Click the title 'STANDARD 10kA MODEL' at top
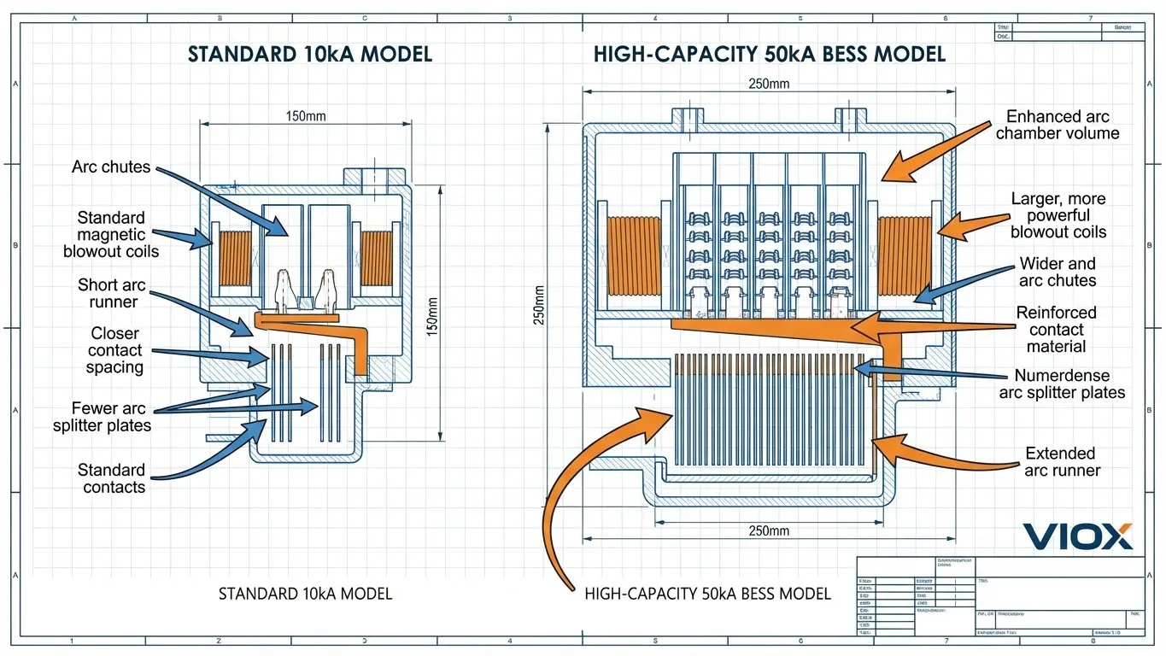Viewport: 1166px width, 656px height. point(310,55)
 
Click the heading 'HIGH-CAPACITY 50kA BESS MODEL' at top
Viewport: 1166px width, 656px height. point(769,55)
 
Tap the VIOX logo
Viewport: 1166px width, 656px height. point(1077,536)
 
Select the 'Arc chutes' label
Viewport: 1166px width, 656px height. point(111,167)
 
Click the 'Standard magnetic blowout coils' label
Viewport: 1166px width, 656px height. point(111,234)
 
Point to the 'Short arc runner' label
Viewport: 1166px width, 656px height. point(111,293)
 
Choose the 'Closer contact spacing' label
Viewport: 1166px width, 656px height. point(114,350)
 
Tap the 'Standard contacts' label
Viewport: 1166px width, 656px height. point(112,478)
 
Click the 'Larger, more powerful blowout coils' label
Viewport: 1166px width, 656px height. point(1058,215)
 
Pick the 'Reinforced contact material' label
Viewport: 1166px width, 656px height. point(1056,330)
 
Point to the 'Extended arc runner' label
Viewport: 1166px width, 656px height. point(1061,462)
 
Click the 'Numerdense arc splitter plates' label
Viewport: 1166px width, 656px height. point(1061,384)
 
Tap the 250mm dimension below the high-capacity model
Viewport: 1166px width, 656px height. point(768,531)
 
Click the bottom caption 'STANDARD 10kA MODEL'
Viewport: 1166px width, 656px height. point(305,594)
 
